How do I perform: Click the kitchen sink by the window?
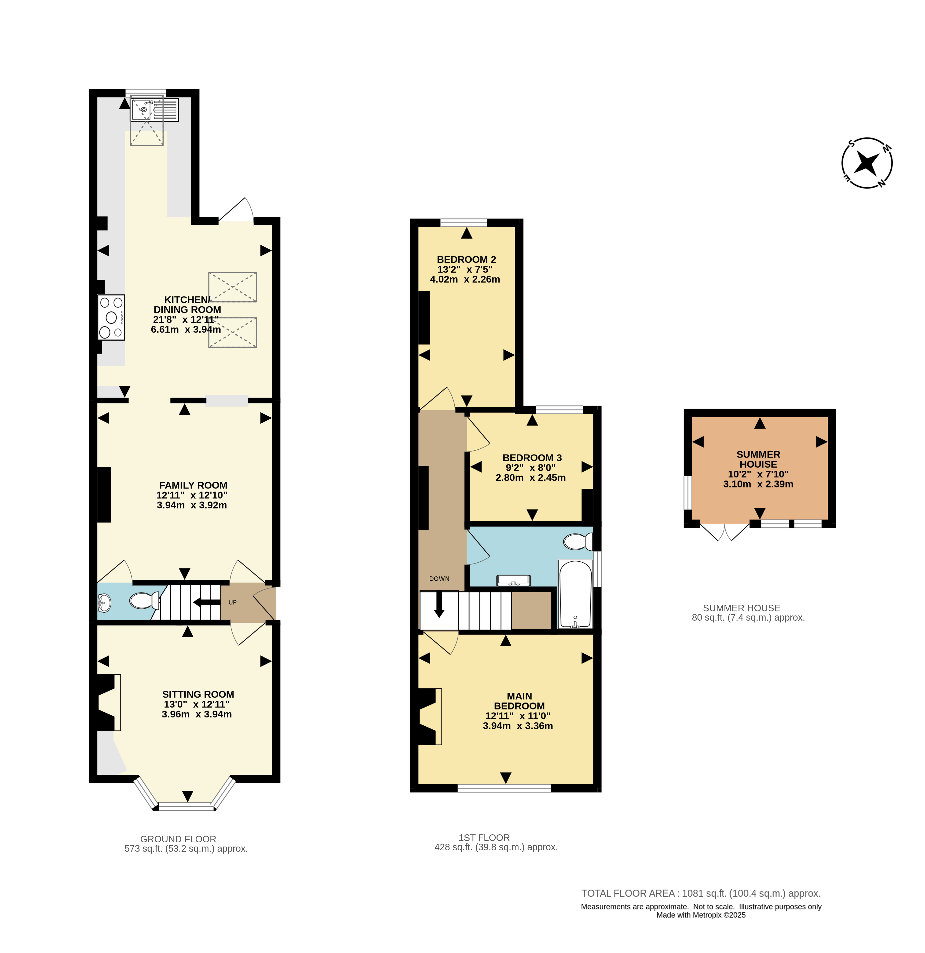(154, 109)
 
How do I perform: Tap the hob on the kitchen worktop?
(111, 317)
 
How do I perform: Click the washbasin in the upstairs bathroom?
(513, 580)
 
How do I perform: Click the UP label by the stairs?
(232, 602)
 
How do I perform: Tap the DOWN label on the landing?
(439, 579)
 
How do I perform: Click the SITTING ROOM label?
(198, 694)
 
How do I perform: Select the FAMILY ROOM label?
(193, 485)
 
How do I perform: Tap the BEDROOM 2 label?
(466, 260)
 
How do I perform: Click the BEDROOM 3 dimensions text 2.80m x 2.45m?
(530, 477)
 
